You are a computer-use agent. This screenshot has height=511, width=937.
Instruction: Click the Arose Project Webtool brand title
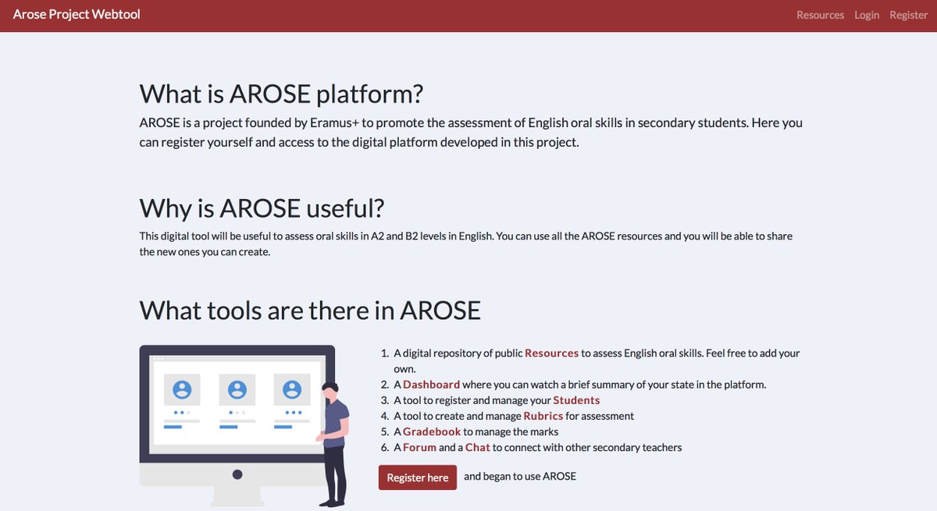[x=77, y=14]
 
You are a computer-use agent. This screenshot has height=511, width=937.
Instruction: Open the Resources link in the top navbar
[x=820, y=15]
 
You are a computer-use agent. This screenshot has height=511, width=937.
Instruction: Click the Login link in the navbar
[x=867, y=15]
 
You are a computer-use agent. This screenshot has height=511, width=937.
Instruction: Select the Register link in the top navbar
[x=908, y=15]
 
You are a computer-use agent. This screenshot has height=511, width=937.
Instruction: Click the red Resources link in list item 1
[x=551, y=353]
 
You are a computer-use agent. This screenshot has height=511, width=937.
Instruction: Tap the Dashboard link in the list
[x=431, y=384]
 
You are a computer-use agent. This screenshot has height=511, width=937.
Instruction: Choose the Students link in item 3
[x=576, y=399]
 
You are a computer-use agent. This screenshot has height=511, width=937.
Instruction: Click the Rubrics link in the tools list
[x=543, y=416]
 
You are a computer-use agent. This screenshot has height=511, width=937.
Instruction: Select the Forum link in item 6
[x=419, y=447]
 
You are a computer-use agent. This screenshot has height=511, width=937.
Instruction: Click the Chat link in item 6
[x=477, y=447]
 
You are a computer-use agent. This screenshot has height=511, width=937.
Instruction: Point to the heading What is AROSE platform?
[x=281, y=94]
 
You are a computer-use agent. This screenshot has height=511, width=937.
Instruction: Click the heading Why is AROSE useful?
[x=262, y=208]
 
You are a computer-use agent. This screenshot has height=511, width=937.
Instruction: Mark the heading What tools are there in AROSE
[x=310, y=310]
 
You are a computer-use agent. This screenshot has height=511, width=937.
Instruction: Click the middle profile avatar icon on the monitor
[x=237, y=389]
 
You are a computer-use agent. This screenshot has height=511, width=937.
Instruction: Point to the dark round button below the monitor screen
[x=237, y=474]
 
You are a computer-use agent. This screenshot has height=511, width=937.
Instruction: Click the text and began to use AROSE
[x=520, y=476]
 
